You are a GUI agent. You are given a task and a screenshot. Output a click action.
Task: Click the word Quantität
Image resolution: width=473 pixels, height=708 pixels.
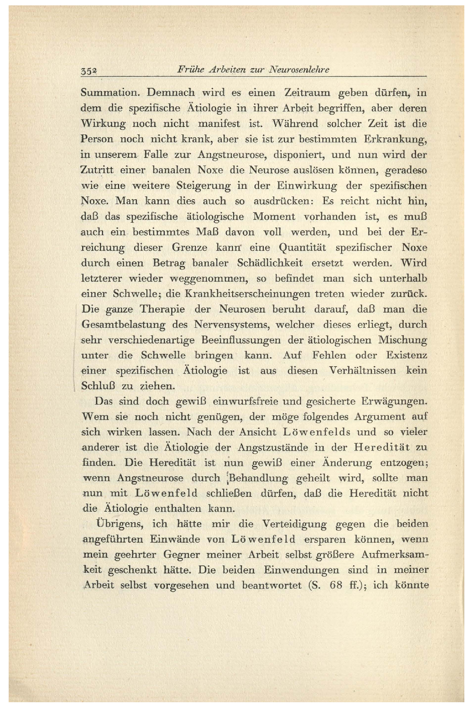[x=302, y=247]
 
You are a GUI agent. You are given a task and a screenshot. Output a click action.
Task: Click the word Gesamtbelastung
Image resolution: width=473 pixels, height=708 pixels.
[x=123, y=325]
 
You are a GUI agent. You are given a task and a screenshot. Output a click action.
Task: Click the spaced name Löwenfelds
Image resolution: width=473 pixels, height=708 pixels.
[x=317, y=432]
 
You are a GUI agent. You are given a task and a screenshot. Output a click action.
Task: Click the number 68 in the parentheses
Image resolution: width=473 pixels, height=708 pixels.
[x=337, y=585]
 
